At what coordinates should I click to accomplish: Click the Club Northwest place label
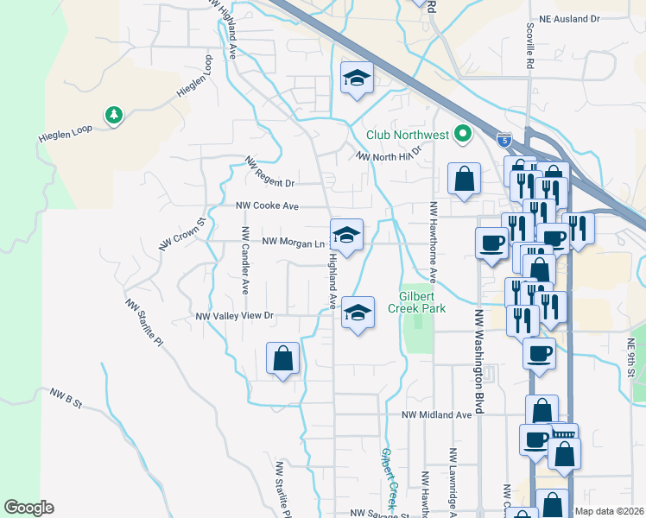click(x=408, y=134)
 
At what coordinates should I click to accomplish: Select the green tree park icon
click(x=112, y=115)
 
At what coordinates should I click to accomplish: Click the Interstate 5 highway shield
click(x=504, y=139)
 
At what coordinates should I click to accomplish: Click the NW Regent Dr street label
click(x=269, y=173)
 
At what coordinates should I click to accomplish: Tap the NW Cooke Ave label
click(x=268, y=206)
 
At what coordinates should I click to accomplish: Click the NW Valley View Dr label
click(x=235, y=316)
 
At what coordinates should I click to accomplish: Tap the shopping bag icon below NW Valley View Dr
click(x=283, y=357)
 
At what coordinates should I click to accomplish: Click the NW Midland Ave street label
click(x=437, y=414)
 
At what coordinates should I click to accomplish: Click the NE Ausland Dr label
click(x=593, y=18)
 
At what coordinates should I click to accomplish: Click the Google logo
click(x=28, y=508)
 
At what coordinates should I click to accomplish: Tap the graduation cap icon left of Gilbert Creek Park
click(x=358, y=312)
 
